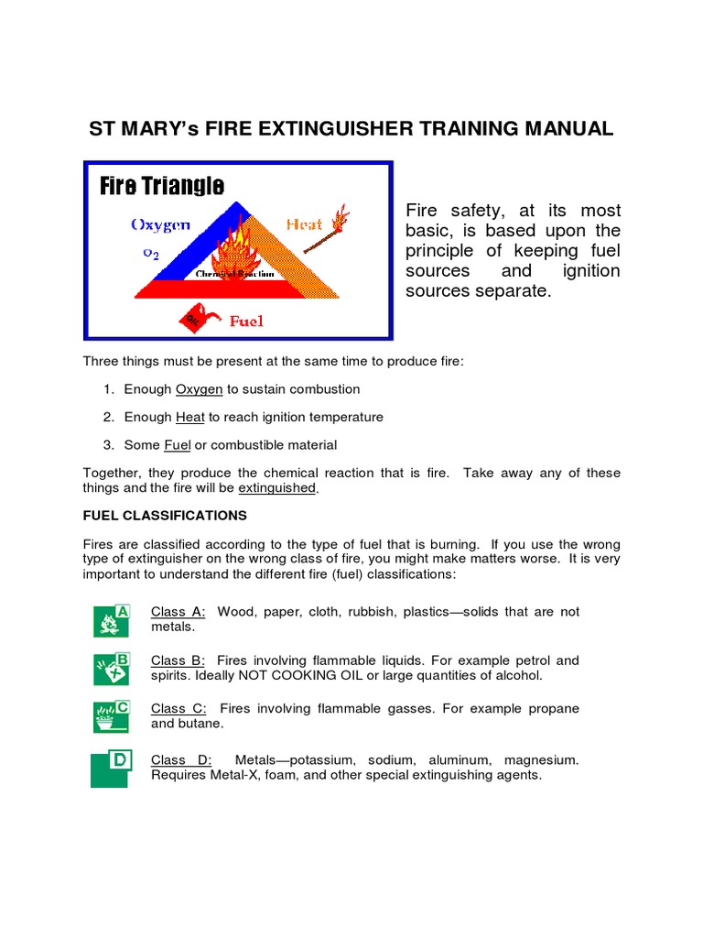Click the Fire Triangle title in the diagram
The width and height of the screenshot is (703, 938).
point(162,187)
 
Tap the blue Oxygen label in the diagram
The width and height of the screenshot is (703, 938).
point(160,224)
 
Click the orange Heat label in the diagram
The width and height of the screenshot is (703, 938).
point(304,224)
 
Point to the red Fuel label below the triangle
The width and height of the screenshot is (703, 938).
point(246,321)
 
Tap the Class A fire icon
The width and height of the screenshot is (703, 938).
point(112,620)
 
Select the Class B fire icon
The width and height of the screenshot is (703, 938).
point(112,669)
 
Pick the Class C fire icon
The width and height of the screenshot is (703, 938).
point(112,716)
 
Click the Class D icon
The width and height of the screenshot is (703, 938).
point(112,768)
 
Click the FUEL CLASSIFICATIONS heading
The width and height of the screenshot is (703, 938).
point(165,516)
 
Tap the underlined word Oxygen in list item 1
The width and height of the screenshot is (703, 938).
point(199,389)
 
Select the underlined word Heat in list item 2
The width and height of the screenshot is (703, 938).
point(189,417)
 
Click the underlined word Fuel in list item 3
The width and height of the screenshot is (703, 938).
point(177,445)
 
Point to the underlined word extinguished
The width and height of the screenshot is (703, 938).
point(277,489)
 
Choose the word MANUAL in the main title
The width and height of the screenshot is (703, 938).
point(568,128)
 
